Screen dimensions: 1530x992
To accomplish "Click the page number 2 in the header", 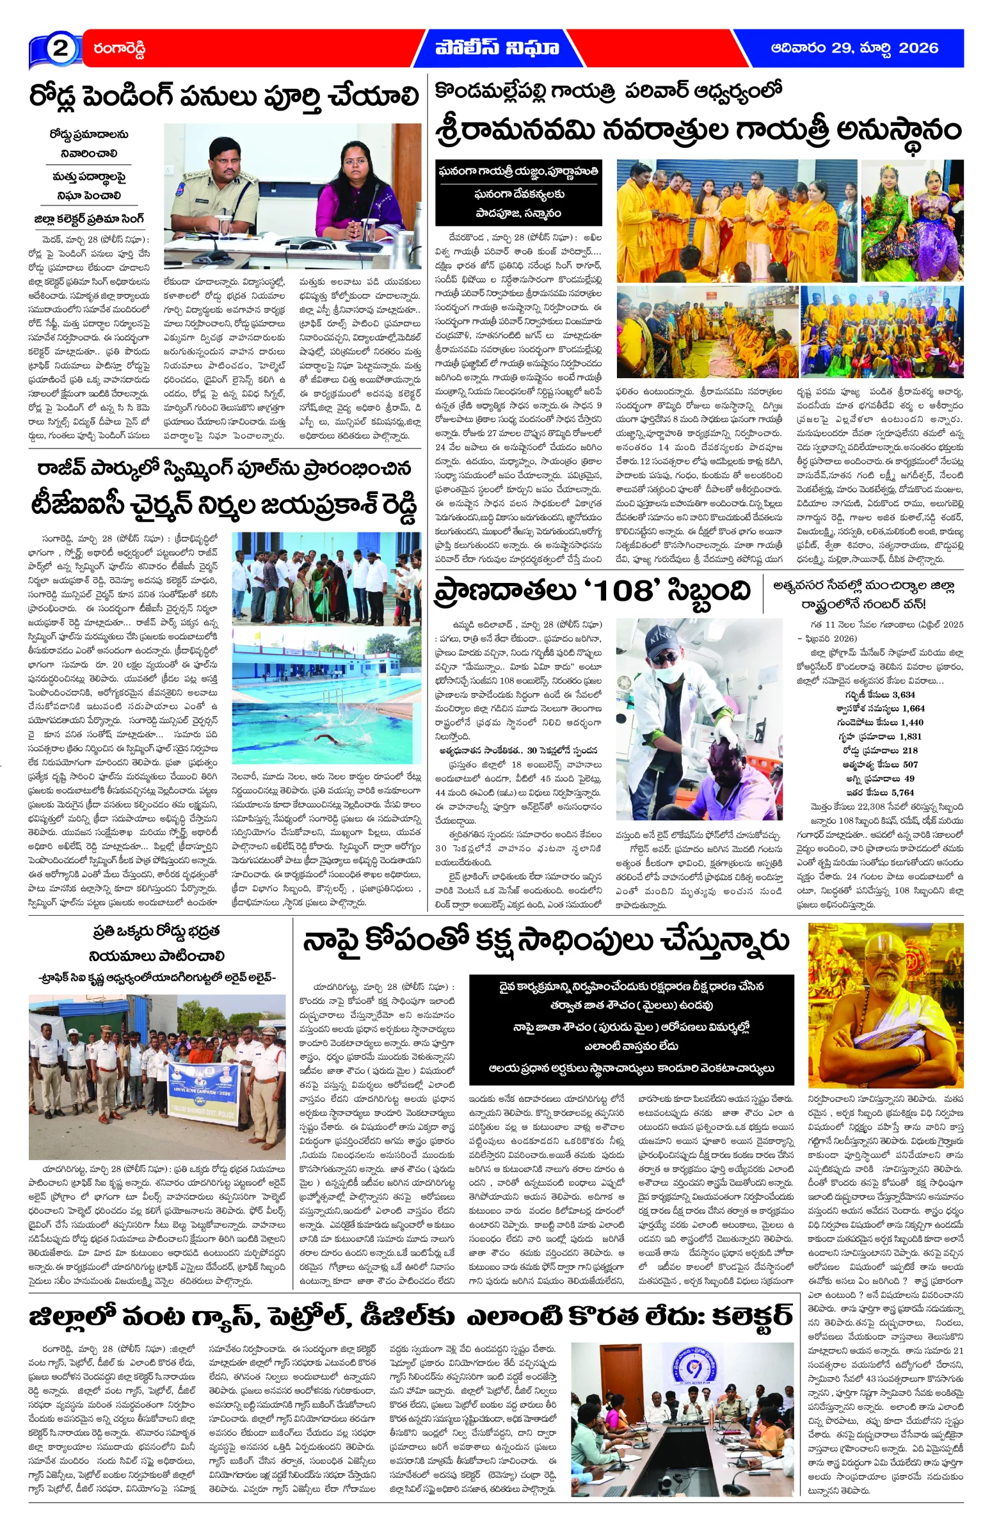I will tap(60, 48).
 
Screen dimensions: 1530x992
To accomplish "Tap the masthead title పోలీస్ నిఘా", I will tap(497, 47).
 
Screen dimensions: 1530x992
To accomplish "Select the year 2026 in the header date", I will tap(917, 47).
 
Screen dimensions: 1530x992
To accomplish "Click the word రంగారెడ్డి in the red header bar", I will tap(120, 48).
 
